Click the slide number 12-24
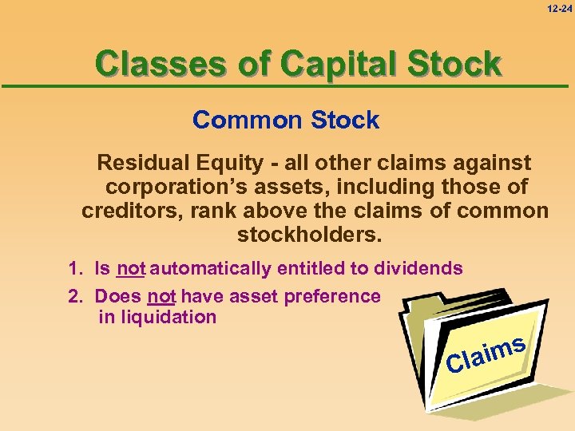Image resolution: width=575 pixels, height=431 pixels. click(x=560, y=8)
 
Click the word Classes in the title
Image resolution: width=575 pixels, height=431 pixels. click(x=165, y=64)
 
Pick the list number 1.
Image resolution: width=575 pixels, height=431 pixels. click(x=74, y=269)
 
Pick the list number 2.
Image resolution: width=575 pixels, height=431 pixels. click(x=74, y=296)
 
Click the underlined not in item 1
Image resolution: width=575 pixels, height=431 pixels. click(x=130, y=269)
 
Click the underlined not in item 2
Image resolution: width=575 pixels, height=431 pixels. click(x=161, y=296)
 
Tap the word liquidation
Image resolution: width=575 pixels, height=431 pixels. click(x=157, y=317)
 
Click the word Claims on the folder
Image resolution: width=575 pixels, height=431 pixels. click(x=486, y=355)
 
